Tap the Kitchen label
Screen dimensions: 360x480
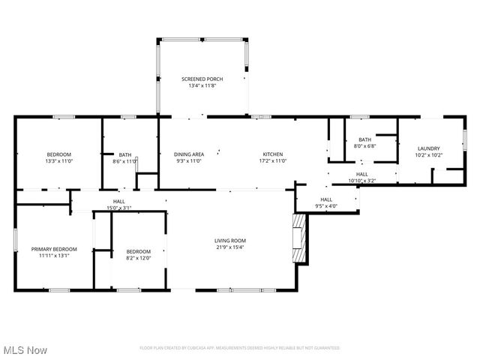coord(272,154)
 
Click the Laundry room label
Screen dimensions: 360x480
coord(428,148)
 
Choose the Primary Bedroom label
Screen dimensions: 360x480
coord(53,248)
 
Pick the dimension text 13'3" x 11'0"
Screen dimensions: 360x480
coord(58,160)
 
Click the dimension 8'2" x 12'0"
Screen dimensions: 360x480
coord(138,258)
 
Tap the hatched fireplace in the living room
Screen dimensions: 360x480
coord(299,238)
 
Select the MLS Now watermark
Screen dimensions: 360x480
coord(25,350)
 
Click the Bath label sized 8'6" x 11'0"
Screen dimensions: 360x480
coord(124,154)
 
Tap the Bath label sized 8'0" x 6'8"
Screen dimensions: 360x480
coord(364,139)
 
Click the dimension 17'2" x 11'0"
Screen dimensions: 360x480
coord(272,160)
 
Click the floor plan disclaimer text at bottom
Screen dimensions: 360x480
coord(239,348)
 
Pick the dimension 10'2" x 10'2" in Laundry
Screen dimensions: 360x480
coord(428,155)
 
